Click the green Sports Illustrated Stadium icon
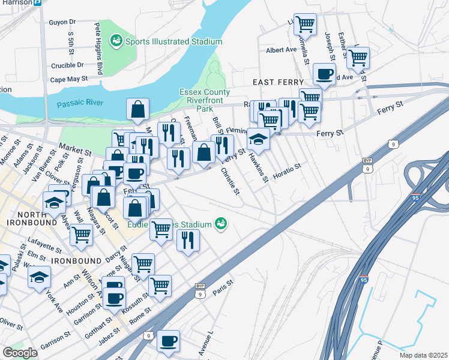pos(116,41)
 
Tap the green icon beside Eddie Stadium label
pos(221,224)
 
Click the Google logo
pos(20,353)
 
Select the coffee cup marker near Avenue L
pos(168,340)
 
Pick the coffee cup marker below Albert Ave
pos(324,74)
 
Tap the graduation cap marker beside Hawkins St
pos(258,139)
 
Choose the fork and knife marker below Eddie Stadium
pos(188,240)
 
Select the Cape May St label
pos(69,79)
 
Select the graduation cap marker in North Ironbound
pos(55,202)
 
